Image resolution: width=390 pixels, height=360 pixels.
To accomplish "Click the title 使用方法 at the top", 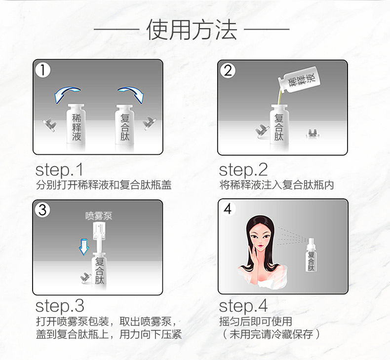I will (192, 31).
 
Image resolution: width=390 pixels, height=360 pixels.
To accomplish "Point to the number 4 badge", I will (227, 209).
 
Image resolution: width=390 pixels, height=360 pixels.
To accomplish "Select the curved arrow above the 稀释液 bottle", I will (67, 93).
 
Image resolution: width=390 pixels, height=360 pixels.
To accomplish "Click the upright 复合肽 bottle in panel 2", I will (279, 126).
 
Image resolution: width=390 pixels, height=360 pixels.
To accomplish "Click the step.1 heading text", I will (60, 170).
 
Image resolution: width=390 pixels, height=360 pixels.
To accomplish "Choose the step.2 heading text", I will (243, 170).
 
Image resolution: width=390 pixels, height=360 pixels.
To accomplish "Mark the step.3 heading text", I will (60, 305).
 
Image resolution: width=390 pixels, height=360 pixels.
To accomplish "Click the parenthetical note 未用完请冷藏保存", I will (271, 334).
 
